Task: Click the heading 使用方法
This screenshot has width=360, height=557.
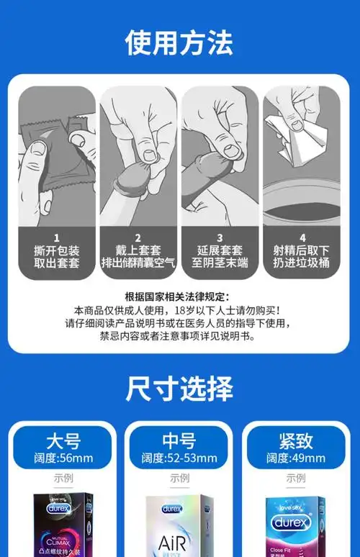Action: click(179, 42)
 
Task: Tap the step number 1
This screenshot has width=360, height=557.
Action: click(56, 237)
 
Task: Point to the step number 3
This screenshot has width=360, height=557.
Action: click(220, 237)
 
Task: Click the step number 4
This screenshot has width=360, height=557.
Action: click(302, 237)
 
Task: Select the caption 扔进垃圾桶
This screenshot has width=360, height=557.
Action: click(302, 263)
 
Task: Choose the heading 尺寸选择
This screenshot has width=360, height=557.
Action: click(179, 389)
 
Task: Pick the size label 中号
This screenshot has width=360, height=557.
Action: click(179, 439)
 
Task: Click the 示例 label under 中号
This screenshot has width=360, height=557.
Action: click(179, 478)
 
